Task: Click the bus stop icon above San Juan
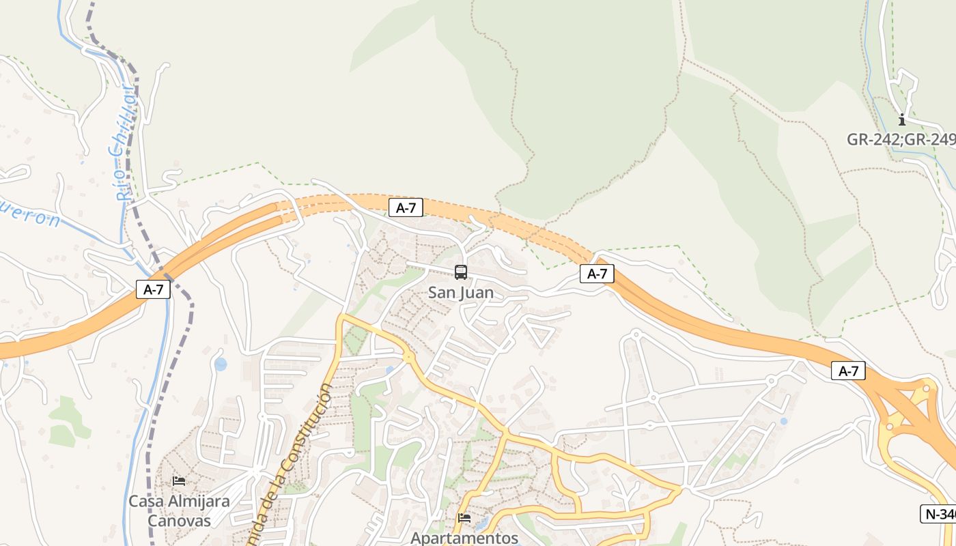[x=461, y=272]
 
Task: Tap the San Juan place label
[x=461, y=293]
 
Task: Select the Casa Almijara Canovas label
[x=180, y=511]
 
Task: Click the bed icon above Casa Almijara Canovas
[x=179, y=480]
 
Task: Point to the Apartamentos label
[x=464, y=538]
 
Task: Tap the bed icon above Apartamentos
[x=464, y=517]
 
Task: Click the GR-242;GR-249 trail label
[x=901, y=139]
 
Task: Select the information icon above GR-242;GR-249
[x=901, y=120]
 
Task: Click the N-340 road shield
[x=940, y=514]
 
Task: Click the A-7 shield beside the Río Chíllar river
[x=153, y=289]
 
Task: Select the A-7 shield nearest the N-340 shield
[x=848, y=371]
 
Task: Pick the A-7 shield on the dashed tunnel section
[x=406, y=207]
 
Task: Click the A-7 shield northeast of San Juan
[x=597, y=274]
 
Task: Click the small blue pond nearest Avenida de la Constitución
[x=221, y=364]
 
